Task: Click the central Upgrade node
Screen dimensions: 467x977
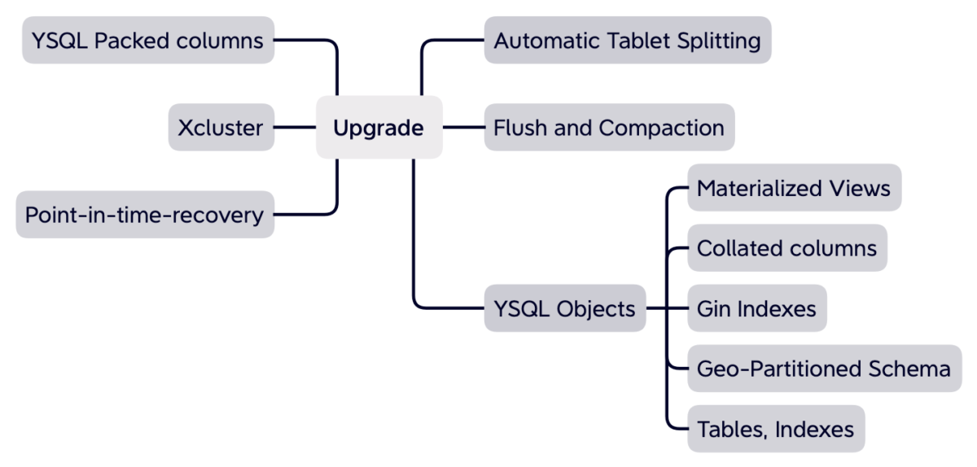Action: (x=379, y=128)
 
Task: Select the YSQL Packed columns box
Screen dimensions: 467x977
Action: (x=147, y=40)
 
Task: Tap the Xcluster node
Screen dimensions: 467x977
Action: (x=221, y=128)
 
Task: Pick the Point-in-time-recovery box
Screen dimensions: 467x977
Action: (x=145, y=215)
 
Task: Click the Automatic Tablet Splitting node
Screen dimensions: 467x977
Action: (x=627, y=40)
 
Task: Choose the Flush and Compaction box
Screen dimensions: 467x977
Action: (x=608, y=128)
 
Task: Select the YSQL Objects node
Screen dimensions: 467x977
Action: (x=564, y=308)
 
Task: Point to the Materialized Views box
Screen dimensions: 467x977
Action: (x=793, y=188)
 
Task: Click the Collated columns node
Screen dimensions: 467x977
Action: (x=786, y=248)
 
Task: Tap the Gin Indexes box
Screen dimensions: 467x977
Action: (x=756, y=308)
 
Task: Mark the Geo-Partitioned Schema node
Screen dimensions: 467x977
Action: (x=823, y=369)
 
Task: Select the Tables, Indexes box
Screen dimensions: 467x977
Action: (x=775, y=429)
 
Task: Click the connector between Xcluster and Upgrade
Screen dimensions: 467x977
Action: (x=295, y=128)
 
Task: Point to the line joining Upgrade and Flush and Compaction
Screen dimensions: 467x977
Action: (x=463, y=128)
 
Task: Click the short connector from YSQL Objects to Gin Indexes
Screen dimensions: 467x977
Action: (x=667, y=308)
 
